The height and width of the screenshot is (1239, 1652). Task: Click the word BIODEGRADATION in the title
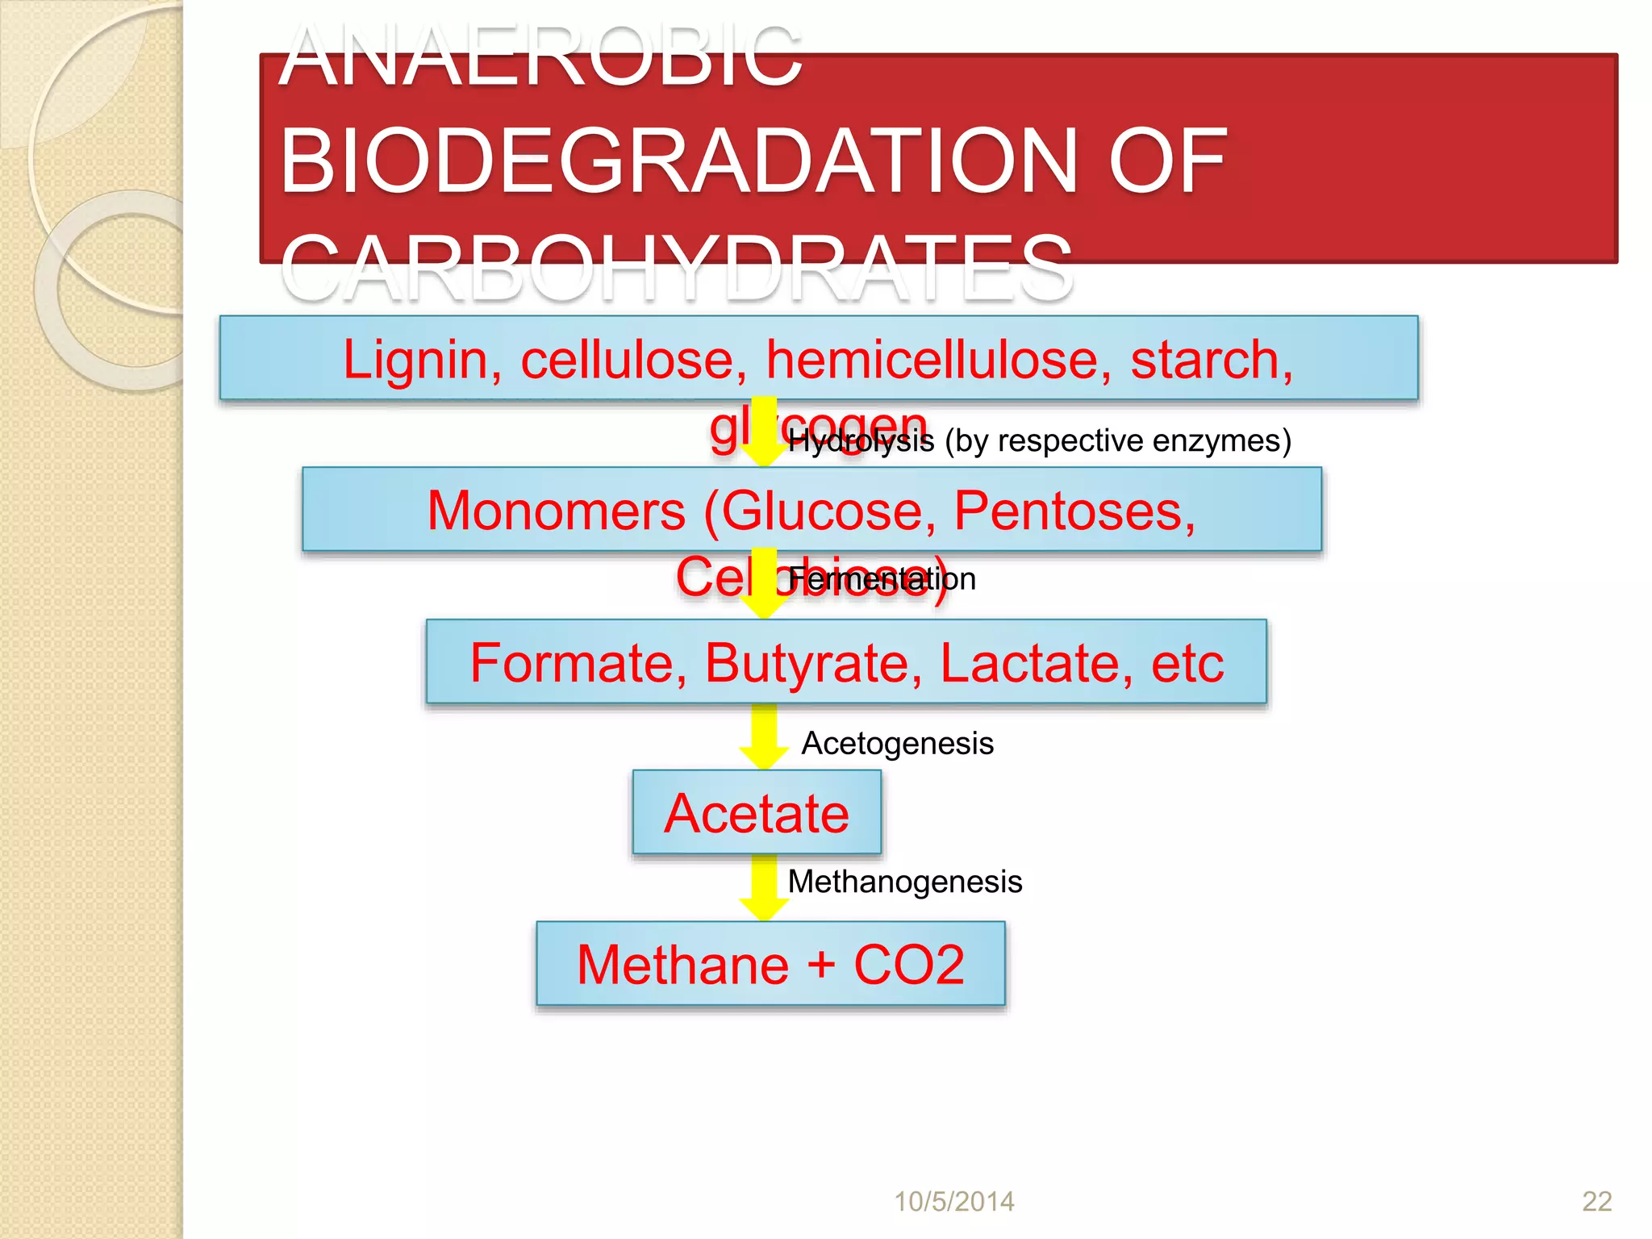(678, 161)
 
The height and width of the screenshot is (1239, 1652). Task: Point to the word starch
(1210, 359)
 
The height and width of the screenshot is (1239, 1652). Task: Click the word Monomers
(556, 511)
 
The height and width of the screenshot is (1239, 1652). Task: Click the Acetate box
(757, 812)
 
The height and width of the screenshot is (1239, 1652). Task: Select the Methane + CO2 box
(770, 964)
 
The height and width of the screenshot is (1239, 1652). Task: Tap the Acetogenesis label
(897, 743)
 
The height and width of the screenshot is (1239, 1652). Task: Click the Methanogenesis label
(904, 882)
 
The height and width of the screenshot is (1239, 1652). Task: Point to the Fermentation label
(882, 579)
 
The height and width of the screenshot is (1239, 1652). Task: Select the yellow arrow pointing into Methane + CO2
(764, 888)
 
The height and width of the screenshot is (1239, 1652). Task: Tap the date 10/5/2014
(953, 1202)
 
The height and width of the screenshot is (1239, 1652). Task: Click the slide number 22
(1596, 1202)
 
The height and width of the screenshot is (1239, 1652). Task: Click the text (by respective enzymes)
(1118, 441)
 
